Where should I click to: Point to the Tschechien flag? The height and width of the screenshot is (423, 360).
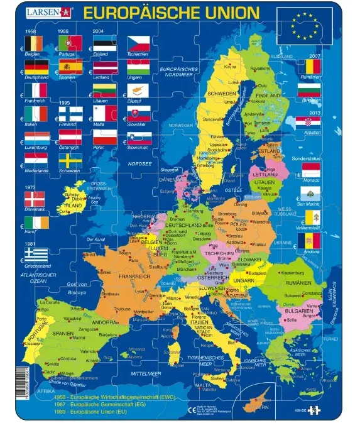click(x=139, y=43)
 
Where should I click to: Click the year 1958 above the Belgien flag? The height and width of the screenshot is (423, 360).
click(x=30, y=31)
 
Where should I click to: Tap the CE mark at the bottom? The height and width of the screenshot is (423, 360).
click(x=194, y=409)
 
